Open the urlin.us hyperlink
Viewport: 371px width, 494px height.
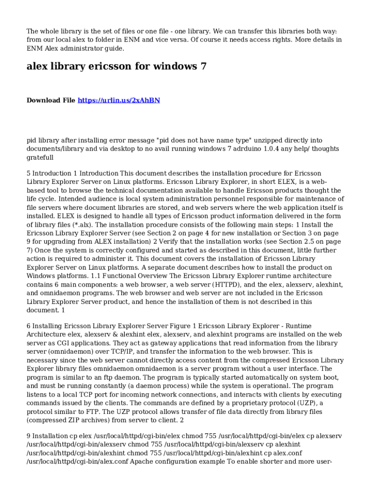119,100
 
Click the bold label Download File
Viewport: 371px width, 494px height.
51,100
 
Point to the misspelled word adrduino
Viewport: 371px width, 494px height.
251,149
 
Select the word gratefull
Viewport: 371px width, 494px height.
40,157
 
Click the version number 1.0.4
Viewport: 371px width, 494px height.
278,149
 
